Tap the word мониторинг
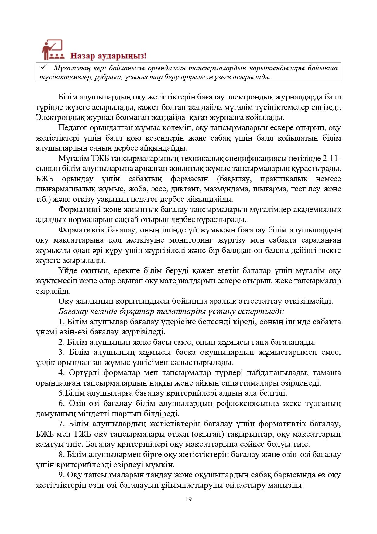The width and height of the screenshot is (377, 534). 190,240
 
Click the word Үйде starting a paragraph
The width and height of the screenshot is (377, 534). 68,270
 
